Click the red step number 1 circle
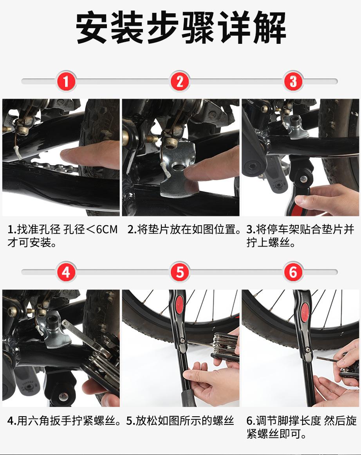66,81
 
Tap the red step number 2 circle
180,81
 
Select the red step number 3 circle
293,81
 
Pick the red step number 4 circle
66,272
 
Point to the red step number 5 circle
180,272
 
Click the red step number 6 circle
293,272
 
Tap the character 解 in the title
269,27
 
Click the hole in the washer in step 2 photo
177,167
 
